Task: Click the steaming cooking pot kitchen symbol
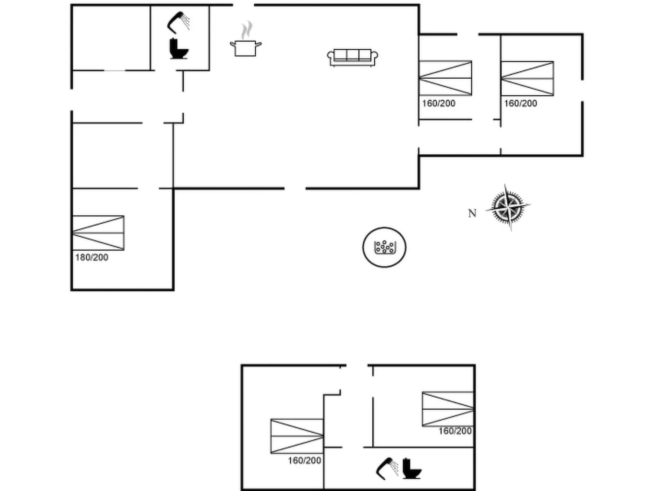point(246,38)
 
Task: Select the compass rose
point(508,207)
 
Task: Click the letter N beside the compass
point(472,214)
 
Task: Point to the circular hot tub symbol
point(384,247)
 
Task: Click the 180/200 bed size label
point(92,257)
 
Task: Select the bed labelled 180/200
point(98,233)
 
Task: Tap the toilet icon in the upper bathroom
point(179,48)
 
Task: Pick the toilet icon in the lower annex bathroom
point(412,468)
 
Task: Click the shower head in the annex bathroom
point(387,468)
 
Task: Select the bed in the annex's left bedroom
point(297,436)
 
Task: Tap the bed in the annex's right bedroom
point(447,409)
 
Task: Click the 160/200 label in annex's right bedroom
point(455,431)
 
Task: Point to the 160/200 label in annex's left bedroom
point(304,460)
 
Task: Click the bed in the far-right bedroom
point(527,79)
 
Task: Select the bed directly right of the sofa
point(445,78)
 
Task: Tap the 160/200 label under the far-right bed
point(520,103)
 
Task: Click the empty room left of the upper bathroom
point(111,38)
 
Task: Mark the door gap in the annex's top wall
point(357,365)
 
